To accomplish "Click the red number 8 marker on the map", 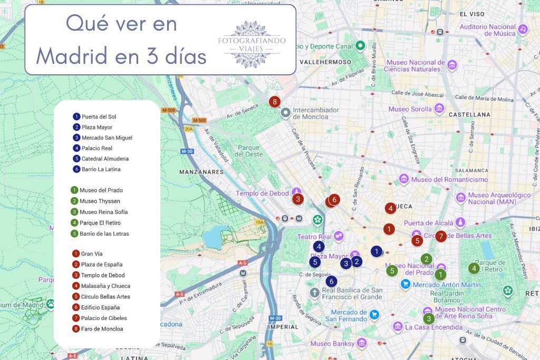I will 274,102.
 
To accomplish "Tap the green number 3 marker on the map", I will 429,318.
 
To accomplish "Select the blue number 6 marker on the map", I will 332,281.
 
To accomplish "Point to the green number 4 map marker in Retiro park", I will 474,268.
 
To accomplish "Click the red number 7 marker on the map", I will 441,236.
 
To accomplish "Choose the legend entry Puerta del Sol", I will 99,116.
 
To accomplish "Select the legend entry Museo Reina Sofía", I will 103,212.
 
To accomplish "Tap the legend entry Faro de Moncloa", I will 102,329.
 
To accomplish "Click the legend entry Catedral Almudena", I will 105,159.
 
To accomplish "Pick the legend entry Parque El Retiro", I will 100,223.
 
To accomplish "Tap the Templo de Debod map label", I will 263,193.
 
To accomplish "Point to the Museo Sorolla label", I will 410,109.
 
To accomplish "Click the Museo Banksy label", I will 332,344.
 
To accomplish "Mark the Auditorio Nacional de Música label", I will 487,30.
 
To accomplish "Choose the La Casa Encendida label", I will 433,327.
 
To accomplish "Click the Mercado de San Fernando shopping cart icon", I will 374,315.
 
